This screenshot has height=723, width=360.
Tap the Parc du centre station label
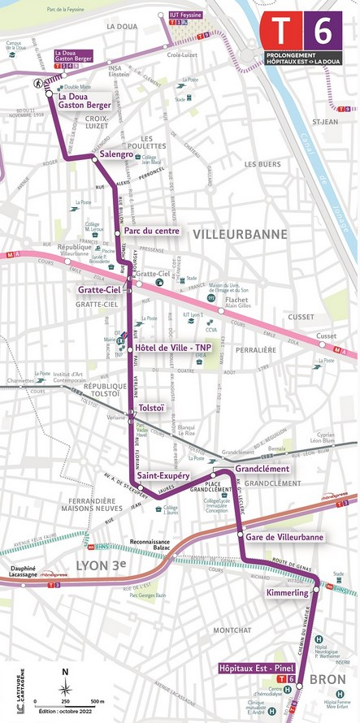pos(151,231)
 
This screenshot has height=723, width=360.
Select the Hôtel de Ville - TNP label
pos(167,347)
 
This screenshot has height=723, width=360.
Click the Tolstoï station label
pos(155,408)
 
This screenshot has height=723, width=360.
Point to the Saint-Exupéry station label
pos(163,474)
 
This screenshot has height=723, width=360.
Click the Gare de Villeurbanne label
pos(284,537)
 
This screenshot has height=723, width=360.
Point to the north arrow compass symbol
pos(65,676)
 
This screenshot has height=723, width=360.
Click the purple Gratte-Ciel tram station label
pos(98,289)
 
